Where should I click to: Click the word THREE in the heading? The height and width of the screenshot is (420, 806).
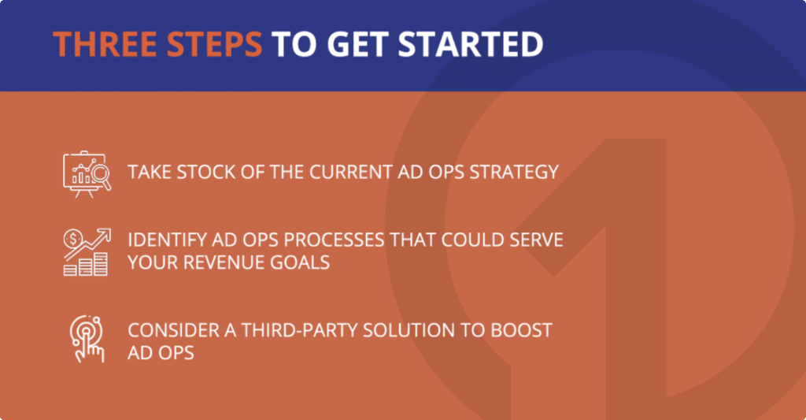point(105,44)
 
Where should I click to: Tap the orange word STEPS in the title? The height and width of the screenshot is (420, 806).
point(215,44)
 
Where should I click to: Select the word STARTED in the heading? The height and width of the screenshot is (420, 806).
point(471,44)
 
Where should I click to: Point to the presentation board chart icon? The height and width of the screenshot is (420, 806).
point(87,174)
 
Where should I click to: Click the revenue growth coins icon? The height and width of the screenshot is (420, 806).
point(87,252)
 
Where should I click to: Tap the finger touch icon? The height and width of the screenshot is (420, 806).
point(87,339)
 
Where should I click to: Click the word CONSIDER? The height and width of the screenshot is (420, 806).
point(174,330)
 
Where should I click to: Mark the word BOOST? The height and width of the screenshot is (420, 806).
point(521,330)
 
